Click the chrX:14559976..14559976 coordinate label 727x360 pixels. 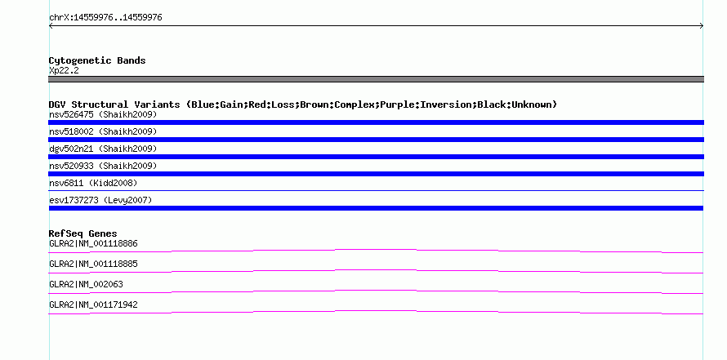tap(105, 18)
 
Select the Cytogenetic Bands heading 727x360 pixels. tap(97, 60)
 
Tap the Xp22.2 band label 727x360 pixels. tap(64, 70)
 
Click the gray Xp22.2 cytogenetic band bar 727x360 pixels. tap(376, 79)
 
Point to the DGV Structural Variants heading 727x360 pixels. tap(303, 104)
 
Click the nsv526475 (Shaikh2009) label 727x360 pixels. tap(103, 114)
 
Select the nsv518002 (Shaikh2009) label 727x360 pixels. tap(103, 131)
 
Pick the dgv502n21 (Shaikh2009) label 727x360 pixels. tap(103, 149)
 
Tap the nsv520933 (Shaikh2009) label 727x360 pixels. tap(103, 166)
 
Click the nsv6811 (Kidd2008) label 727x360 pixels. tap(93, 183)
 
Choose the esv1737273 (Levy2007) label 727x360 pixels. tap(100, 200)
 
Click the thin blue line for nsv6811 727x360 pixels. tap(376, 190)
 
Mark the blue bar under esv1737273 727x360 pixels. tap(376, 208)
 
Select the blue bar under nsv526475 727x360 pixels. tap(376, 122)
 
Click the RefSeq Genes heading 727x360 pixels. tap(83, 233)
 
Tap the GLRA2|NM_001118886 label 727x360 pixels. tap(93, 244)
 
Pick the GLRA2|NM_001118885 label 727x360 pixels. tap(93, 264)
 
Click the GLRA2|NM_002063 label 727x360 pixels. tap(87, 284)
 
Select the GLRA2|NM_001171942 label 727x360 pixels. tap(93, 304)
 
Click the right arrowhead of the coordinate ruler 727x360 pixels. tap(702, 26)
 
